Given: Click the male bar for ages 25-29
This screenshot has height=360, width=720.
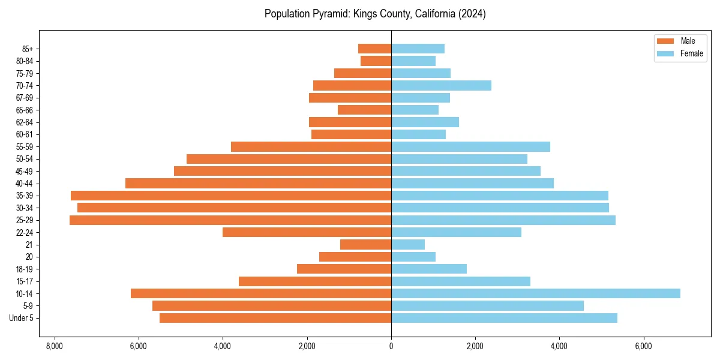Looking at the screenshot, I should click(230, 220).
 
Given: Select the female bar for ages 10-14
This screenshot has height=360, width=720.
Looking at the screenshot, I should click(536, 293).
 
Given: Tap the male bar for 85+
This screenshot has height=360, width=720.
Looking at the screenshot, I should click(374, 49).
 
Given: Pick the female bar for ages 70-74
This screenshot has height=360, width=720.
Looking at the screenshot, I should click(441, 85).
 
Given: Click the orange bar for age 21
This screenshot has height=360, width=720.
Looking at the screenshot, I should click(365, 245).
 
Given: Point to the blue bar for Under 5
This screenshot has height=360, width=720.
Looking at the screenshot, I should click(504, 318).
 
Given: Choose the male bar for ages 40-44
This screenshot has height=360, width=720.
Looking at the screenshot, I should click(258, 184).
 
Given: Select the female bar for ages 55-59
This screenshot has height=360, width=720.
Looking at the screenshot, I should click(470, 147).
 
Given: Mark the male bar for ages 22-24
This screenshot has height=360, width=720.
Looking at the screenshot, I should click(307, 232).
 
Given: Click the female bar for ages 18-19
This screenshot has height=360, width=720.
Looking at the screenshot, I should click(429, 269).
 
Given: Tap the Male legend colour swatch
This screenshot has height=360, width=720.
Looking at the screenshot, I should click(666, 41).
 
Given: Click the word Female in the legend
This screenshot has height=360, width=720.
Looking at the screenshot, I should click(692, 53).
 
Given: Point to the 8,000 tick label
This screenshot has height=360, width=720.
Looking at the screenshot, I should click(54, 347).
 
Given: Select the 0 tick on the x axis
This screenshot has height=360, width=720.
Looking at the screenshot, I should click(391, 347).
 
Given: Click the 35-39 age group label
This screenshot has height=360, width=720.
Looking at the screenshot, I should click(25, 196).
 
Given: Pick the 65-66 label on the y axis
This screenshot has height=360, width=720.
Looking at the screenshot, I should click(25, 110).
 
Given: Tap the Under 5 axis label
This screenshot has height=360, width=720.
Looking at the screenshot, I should click(22, 318).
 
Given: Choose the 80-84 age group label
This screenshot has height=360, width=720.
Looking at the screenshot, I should click(25, 61).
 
